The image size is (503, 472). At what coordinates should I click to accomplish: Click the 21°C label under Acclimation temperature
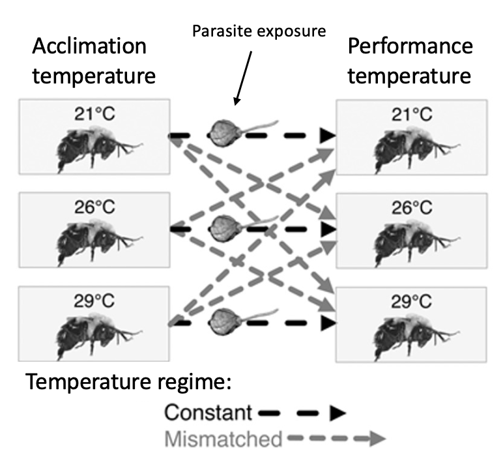[94, 114]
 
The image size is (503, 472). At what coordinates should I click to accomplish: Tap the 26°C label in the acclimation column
[94, 207]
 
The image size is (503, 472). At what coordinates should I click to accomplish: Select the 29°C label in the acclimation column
[94, 301]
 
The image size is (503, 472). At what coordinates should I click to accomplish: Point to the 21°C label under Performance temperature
[412, 115]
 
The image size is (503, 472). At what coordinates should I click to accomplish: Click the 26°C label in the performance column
[412, 208]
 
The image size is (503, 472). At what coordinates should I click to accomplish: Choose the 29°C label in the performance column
[411, 302]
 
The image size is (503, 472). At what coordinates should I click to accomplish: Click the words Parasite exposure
[259, 31]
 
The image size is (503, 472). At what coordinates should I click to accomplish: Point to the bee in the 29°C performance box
[416, 338]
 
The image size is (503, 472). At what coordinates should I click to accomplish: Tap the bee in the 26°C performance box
[417, 244]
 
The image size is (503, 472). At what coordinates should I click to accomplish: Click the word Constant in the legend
[208, 412]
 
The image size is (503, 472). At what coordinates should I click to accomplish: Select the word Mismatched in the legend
[223, 439]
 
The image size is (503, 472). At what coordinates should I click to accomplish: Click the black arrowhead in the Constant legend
[338, 413]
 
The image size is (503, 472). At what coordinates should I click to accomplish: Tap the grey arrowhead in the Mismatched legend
[377, 438]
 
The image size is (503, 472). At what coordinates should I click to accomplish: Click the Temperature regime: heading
[128, 382]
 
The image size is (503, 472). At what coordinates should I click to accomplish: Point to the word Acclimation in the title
[89, 46]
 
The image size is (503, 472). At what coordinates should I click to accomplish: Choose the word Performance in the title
[410, 46]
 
